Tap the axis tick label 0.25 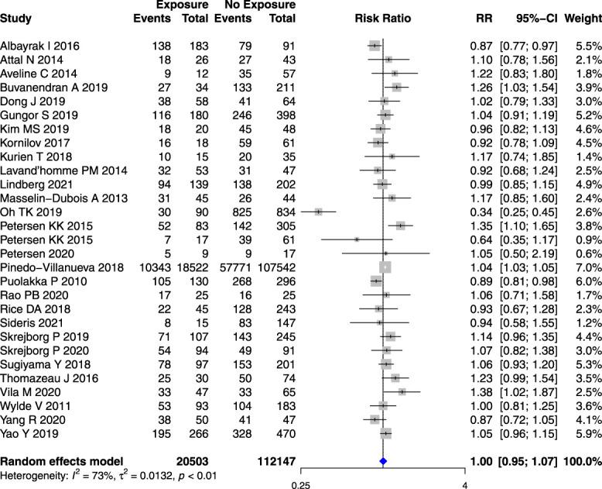pos(299,463)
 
